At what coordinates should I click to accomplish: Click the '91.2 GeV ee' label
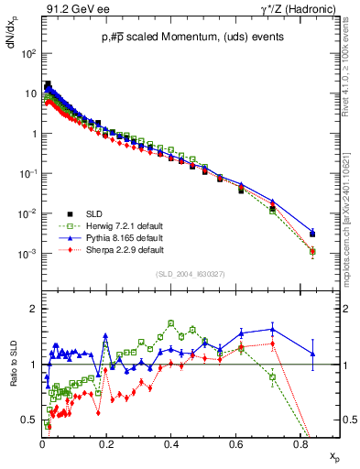[74, 8]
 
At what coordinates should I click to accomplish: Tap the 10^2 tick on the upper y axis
[28, 54]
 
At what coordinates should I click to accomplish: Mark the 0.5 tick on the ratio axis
[30, 420]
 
